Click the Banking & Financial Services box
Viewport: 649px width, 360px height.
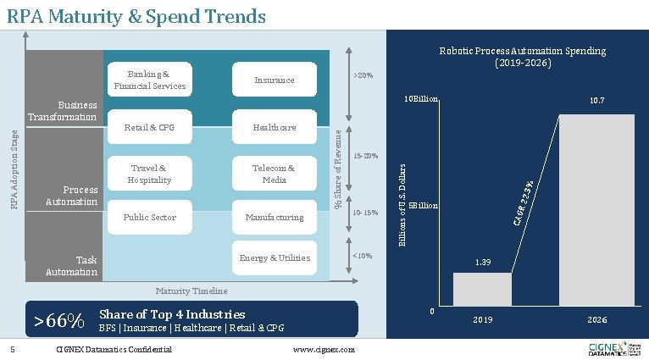point(149,80)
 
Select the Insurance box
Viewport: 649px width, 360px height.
point(275,80)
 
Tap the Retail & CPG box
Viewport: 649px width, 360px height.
point(149,128)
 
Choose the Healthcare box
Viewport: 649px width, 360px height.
point(275,128)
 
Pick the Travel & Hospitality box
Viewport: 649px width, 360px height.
point(149,174)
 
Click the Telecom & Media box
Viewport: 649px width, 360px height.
point(275,174)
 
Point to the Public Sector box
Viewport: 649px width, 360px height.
point(149,218)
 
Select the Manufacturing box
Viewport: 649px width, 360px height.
point(275,218)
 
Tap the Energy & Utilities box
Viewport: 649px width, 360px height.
point(275,258)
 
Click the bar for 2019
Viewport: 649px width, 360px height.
point(482,289)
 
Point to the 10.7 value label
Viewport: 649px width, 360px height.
point(596,101)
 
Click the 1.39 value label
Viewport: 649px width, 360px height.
point(482,263)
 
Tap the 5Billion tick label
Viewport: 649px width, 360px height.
point(423,206)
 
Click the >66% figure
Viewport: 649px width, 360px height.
point(58,322)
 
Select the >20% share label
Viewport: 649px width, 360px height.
point(363,76)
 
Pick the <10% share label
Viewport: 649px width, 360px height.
point(363,255)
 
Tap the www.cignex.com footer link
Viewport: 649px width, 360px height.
point(323,350)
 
